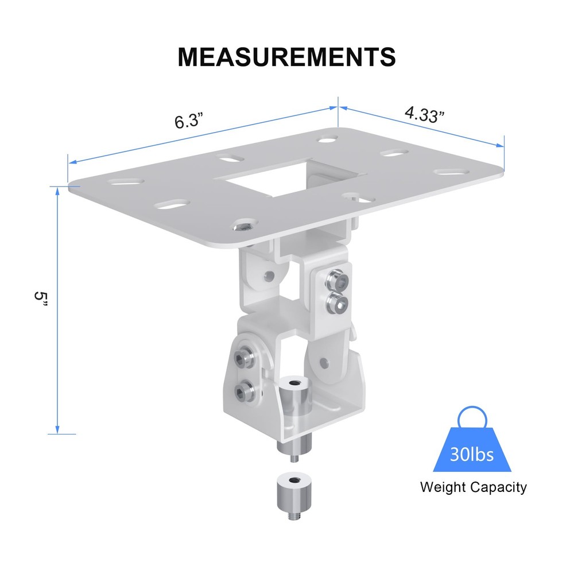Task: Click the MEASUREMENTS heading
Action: [286, 56]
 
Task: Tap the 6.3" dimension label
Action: [189, 122]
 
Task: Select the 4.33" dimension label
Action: [425, 114]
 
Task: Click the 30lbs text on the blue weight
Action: [472, 455]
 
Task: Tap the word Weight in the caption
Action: [443, 488]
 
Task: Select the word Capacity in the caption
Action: [498, 488]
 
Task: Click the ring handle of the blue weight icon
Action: [472, 416]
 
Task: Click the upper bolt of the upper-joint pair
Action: [336, 280]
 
